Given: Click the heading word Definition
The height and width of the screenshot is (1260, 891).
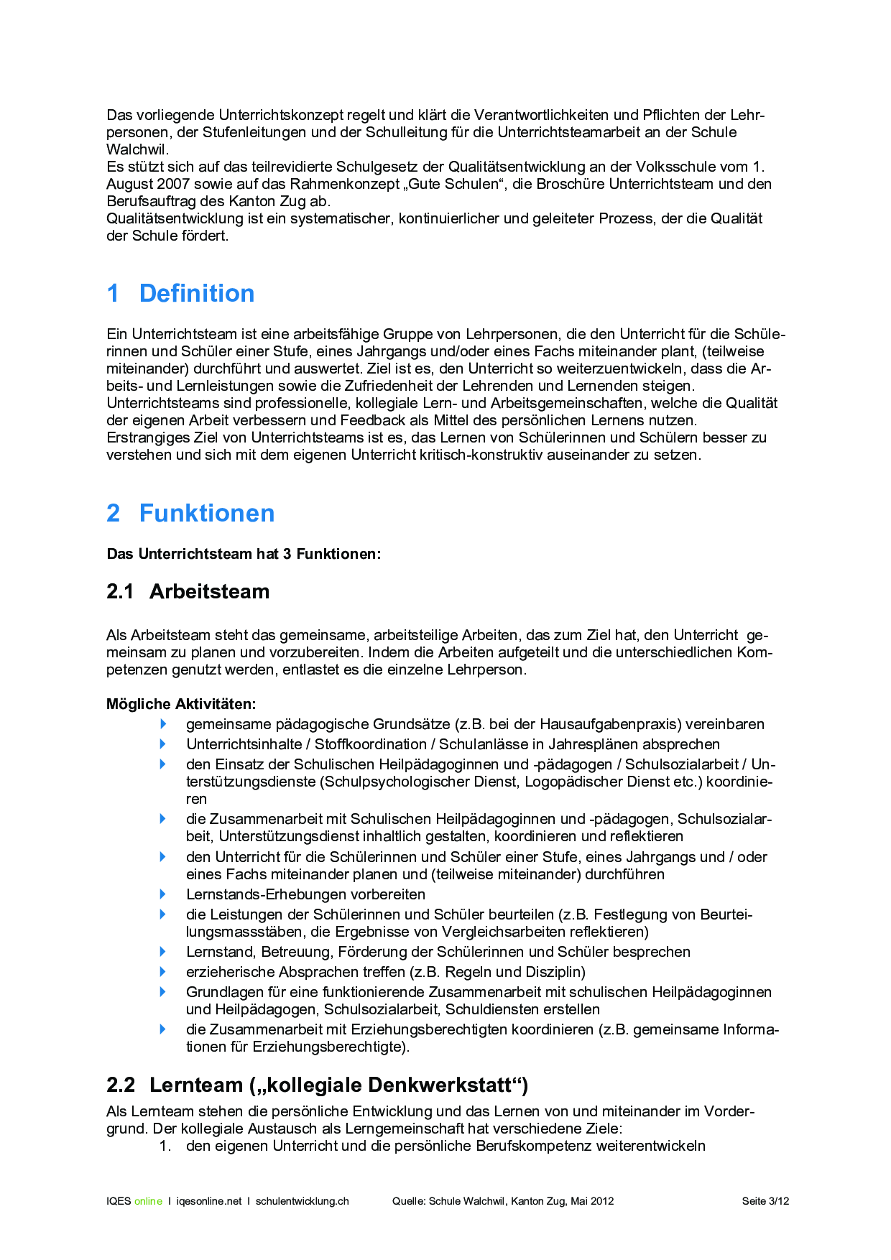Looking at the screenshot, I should pos(196,293).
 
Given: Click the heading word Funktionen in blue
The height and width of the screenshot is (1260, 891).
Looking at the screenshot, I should pos(207,513).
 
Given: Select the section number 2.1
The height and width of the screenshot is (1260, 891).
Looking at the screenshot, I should pos(120,591).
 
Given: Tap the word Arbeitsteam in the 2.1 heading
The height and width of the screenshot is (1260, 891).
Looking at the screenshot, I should pos(209,591).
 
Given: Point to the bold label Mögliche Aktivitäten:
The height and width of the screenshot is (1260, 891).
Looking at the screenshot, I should pos(181,704).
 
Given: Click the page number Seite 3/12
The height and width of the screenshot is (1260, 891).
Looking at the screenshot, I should pos(765,1201).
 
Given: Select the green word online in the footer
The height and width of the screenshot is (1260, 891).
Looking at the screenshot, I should pos(148,1201).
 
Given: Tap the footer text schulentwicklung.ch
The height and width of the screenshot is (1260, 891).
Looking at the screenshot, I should pos(302,1201).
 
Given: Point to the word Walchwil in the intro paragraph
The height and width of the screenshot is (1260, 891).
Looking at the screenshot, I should pos(137,149).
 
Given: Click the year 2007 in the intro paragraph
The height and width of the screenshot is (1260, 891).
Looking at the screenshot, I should pos(173,184).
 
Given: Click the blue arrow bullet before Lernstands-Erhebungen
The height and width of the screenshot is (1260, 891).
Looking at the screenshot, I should pos(163,894).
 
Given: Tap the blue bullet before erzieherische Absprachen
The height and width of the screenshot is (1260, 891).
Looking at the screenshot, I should pos(163,972).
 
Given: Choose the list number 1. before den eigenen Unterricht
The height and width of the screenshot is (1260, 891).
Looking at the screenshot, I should pos(165,1146).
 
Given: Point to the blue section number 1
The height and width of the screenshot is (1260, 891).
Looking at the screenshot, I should pos(113,293).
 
